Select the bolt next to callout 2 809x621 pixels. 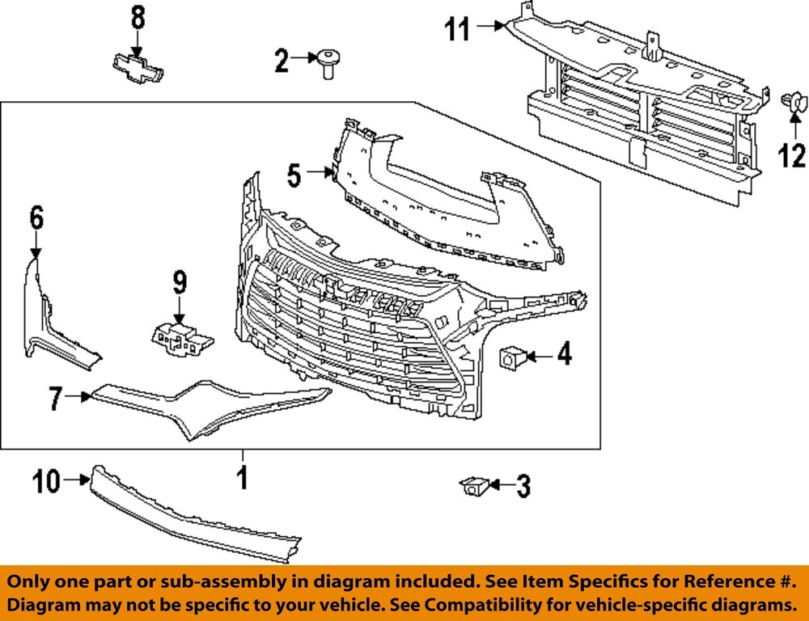coord(328,61)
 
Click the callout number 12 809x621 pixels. coord(792,154)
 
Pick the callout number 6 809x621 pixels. coord(36,218)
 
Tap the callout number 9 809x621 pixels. coord(179,282)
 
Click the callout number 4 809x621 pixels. coord(563,353)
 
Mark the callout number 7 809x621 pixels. coord(55,398)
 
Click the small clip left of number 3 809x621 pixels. coord(472,486)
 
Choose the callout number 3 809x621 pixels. coord(523,486)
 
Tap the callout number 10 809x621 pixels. coord(47,482)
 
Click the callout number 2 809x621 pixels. coord(281,60)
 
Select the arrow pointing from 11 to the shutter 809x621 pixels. coord(489,26)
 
